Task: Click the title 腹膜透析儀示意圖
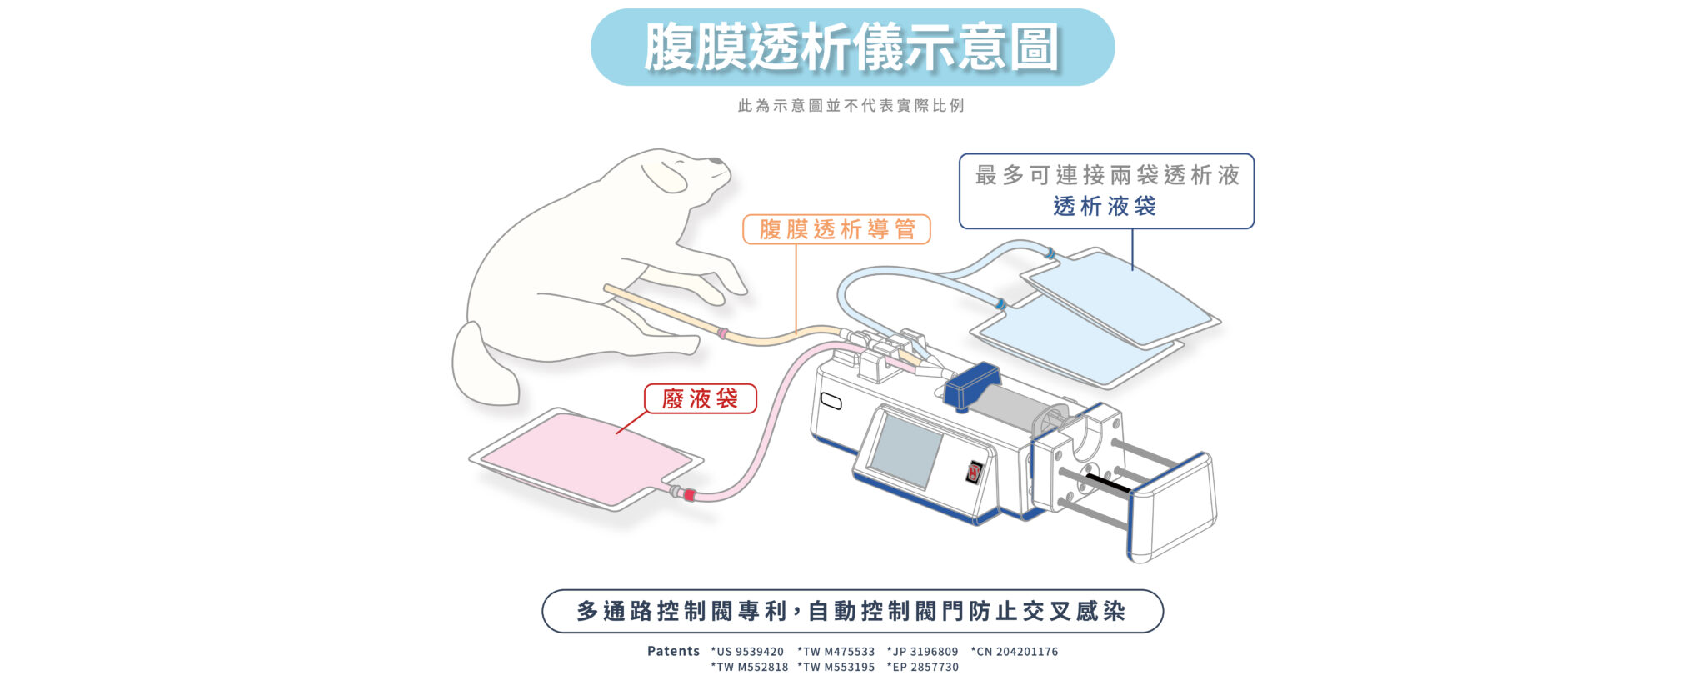pos(851,47)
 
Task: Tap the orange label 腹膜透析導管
pos(836,229)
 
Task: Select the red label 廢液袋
pos(700,398)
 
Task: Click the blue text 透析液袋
pos(1105,206)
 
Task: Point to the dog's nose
pos(715,160)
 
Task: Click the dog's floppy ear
pos(664,176)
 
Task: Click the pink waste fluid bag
pos(586,458)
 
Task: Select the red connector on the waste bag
pos(688,495)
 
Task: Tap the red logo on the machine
pos(974,473)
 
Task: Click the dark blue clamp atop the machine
pos(971,385)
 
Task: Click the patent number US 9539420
pos(747,652)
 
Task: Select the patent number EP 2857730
pos(923,667)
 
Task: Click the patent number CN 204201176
pos(1015,652)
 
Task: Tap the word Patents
pos(673,651)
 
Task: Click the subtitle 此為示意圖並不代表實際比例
pos(851,106)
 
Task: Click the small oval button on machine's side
pos(831,401)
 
